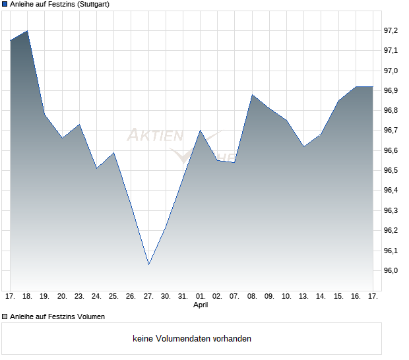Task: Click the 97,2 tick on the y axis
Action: point(391,30)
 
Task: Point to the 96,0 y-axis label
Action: point(391,271)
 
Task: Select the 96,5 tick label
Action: point(391,171)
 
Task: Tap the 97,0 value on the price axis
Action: point(391,71)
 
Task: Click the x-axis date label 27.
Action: point(148,296)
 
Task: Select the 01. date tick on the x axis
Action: point(201,296)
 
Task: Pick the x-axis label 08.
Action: point(252,296)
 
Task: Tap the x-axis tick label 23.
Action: point(79,296)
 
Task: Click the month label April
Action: point(201,305)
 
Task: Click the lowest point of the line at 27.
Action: point(148,264)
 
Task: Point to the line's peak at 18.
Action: point(27,31)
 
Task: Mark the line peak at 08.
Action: point(252,95)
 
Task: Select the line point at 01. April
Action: point(201,131)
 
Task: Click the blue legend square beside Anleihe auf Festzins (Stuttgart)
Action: point(5,5)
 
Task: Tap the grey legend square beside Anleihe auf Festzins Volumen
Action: point(5,316)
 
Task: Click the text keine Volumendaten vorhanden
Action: point(192,338)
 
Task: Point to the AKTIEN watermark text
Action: point(154,136)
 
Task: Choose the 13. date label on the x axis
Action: point(303,296)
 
